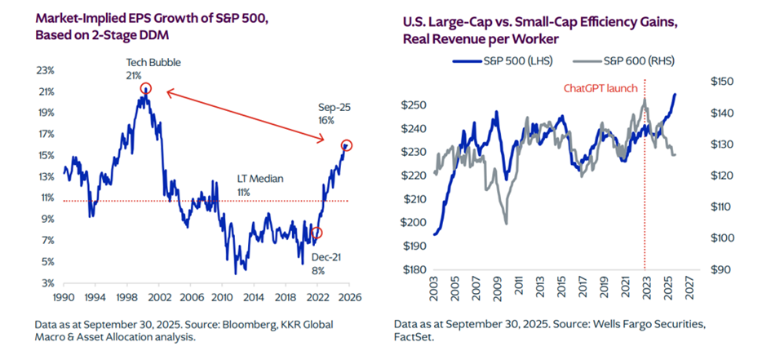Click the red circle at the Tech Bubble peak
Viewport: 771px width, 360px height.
[145, 89]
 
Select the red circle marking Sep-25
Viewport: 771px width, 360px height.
[347, 145]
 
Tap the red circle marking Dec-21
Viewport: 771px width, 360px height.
[317, 233]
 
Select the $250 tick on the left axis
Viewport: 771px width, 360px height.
[416, 105]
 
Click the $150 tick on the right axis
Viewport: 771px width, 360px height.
[724, 82]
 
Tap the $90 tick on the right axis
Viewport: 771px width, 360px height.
[722, 269]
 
